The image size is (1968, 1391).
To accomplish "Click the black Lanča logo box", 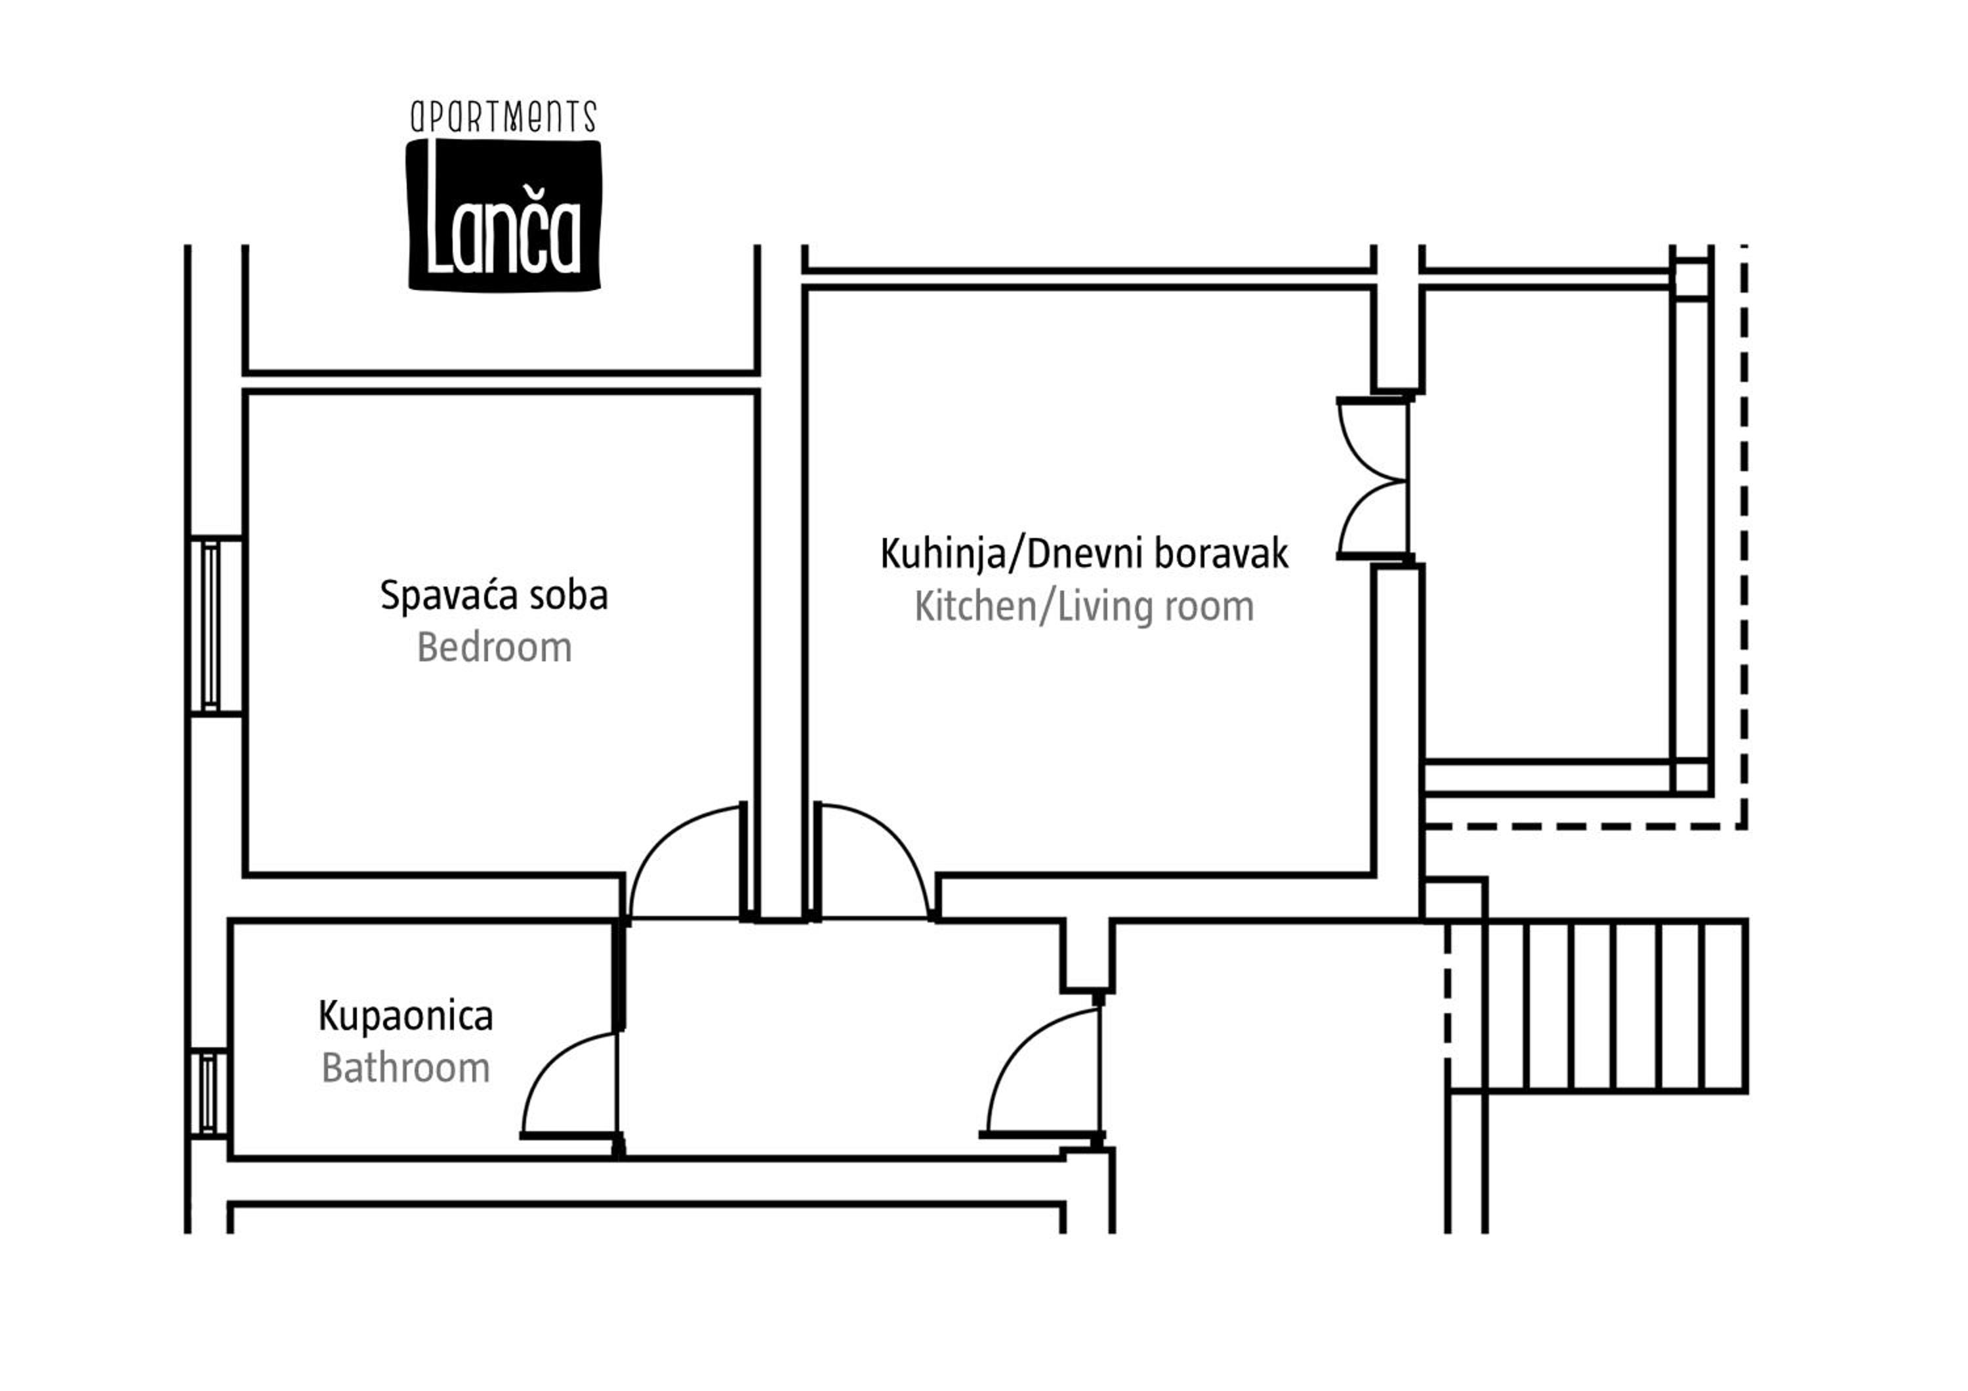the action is [504, 215].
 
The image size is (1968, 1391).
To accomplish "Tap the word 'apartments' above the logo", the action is [503, 117].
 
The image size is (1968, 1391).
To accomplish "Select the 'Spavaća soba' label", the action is [494, 596].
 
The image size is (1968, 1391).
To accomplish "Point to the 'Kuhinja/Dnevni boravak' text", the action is [1084, 554].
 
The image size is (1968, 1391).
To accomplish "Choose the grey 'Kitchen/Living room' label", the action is [1084, 608].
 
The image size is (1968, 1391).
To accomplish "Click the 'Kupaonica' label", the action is [405, 1016].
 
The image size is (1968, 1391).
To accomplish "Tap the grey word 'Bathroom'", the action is [405, 1069].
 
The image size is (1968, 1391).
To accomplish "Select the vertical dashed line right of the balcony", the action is [1744, 535].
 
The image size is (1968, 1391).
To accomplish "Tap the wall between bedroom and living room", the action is [781, 583].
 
